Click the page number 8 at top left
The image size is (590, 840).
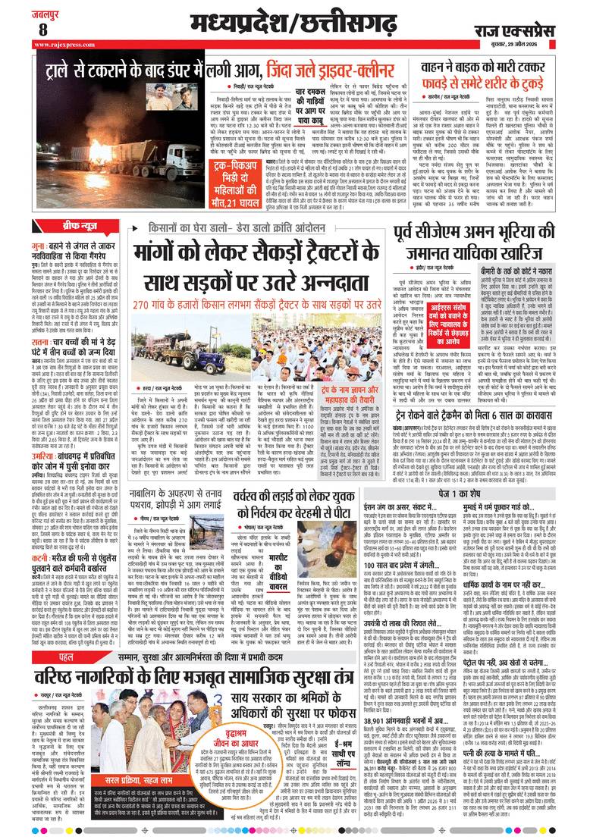(x=43, y=29)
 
